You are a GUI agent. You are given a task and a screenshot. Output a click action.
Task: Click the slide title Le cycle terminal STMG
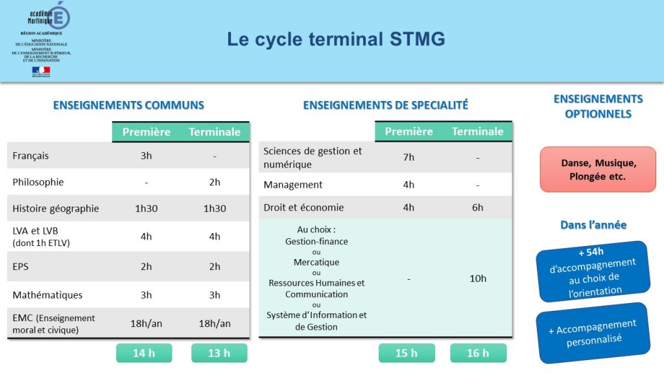click(336, 40)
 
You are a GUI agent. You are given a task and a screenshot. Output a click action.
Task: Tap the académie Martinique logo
click(49, 17)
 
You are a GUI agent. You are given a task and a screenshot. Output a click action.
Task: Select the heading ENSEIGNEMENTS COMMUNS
click(128, 105)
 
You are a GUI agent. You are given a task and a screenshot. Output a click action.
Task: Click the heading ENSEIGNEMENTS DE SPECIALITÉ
click(385, 105)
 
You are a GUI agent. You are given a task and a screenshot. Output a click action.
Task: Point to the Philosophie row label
click(38, 182)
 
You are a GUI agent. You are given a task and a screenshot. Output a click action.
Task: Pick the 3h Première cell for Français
click(146, 155)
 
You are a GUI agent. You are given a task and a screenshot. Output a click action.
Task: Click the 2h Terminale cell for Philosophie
click(214, 182)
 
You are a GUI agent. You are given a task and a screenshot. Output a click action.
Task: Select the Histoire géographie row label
click(56, 209)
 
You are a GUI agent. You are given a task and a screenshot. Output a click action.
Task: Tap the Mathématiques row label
click(47, 295)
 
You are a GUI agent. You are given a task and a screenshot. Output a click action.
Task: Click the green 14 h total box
click(144, 353)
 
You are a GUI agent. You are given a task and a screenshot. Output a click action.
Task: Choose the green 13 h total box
click(219, 353)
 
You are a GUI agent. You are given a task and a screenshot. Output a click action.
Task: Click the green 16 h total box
click(478, 353)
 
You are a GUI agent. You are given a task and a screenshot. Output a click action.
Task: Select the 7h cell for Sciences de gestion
click(409, 157)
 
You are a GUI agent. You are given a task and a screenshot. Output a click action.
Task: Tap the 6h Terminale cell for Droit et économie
click(477, 207)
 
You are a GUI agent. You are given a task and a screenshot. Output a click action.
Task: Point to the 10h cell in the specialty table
click(477, 278)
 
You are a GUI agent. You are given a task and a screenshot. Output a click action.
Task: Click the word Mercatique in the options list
click(316, 262)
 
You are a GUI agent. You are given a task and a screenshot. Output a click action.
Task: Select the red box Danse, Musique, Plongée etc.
click(597, 170)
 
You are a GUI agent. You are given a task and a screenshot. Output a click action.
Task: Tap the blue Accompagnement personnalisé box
click(593, 332)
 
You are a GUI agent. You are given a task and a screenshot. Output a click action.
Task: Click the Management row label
click(293, 185)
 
